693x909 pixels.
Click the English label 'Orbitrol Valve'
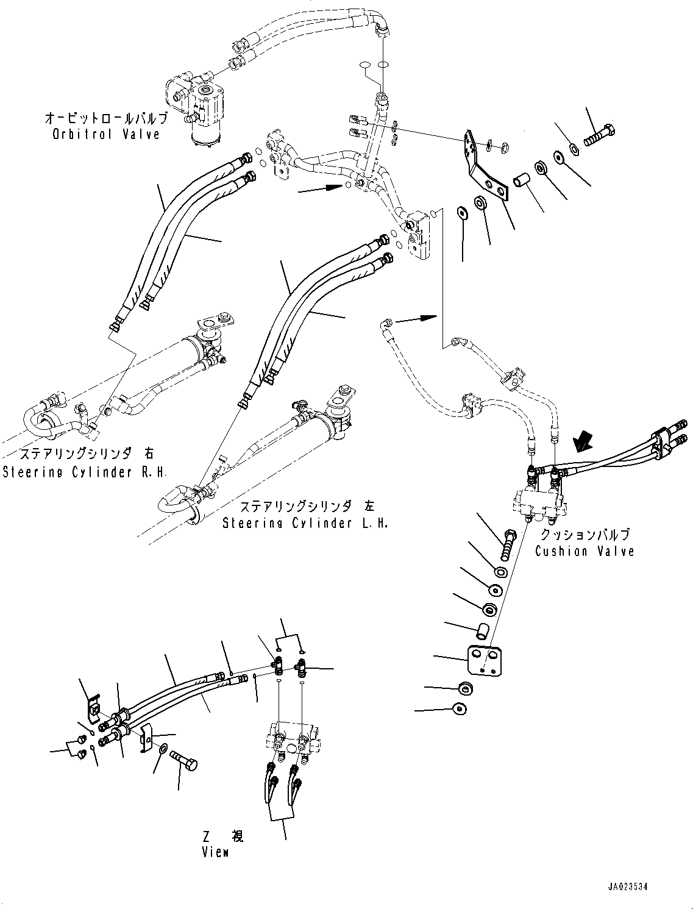pyautogui.click(x=106, y=134)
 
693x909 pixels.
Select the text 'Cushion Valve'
pyautogui.click(x=584, y=551)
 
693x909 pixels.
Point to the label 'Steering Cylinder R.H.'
pyautogui.click(x=85, y=472)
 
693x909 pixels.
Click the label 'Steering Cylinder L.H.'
pyautogui.click(x=305, y=523)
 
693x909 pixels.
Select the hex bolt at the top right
pyautogui.click(x=599, y=135)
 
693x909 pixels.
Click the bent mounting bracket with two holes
pyautogui.click(x=486, y=166)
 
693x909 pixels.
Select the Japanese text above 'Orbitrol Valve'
pyautogui.click(x=107, y=118)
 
